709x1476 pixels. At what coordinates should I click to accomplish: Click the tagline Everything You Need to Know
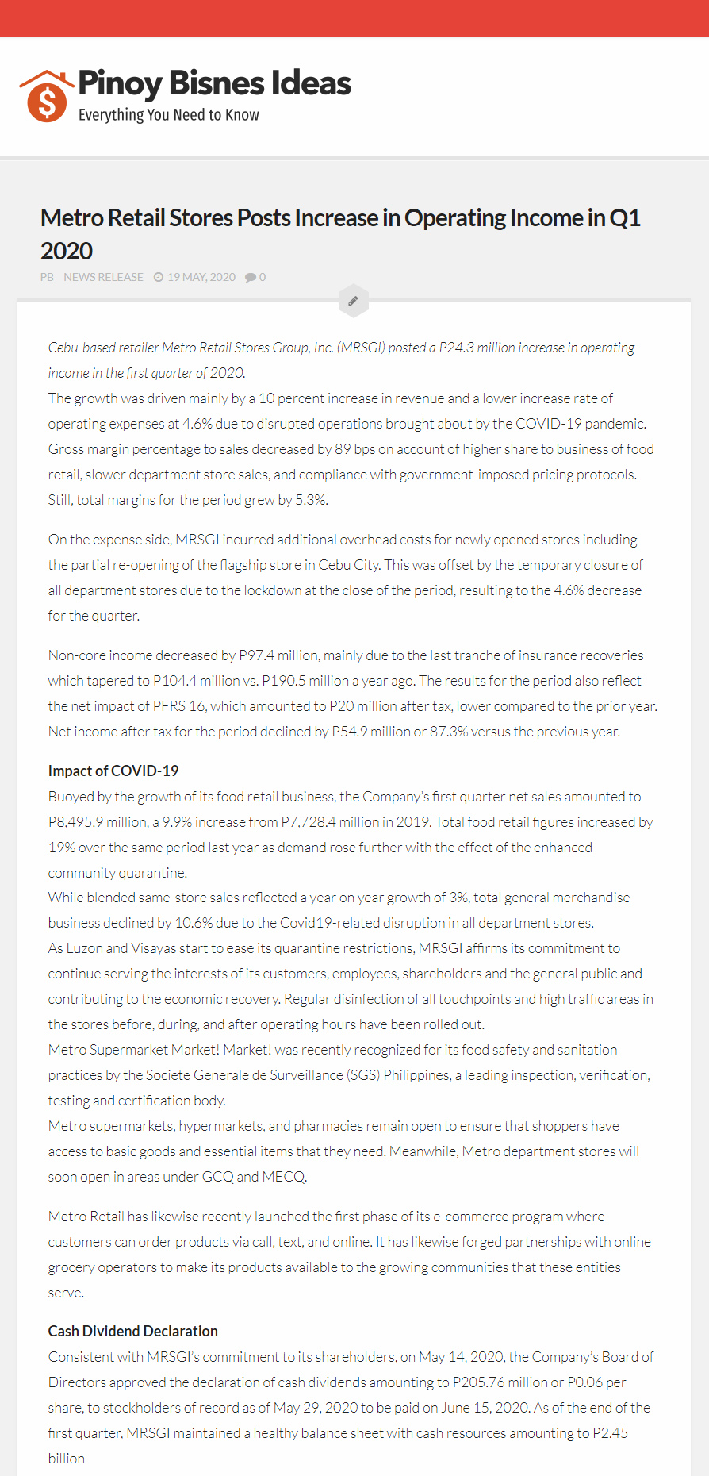click(168, 115)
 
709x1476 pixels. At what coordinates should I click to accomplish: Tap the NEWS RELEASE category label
click(103, 277)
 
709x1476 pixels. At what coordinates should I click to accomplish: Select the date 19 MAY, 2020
click(201, 277)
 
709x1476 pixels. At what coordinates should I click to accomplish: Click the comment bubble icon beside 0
click(251, 277)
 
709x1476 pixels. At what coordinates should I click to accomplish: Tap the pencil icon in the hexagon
click(353, 301)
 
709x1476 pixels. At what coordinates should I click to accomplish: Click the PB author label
click(47, 277)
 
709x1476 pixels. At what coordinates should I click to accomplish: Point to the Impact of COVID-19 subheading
click(113, 771)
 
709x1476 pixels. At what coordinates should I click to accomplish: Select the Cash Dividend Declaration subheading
click(132, 1331)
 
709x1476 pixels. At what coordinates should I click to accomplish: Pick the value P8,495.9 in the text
click(76, 822)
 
